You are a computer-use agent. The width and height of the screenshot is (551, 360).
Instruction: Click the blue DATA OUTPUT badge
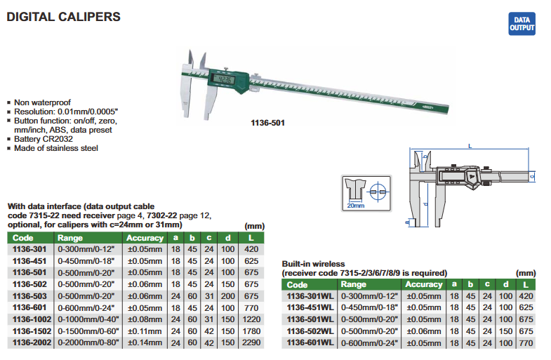pos(522,24)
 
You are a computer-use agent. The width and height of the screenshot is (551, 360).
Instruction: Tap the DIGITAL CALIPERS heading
pos(64,17)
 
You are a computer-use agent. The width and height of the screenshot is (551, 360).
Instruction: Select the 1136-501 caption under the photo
pos(267,123)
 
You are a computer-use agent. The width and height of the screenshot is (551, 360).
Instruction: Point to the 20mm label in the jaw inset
pos(356,206)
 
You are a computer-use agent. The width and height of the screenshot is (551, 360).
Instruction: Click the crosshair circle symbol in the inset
pos(378,192)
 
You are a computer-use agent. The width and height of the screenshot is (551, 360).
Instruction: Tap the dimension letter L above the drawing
pos(470,146)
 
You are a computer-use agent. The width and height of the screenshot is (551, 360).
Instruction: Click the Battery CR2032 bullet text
pos(44,139)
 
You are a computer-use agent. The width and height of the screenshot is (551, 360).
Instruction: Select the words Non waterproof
pos(42,102)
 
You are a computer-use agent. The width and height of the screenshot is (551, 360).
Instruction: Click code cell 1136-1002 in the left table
pos(32,319)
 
